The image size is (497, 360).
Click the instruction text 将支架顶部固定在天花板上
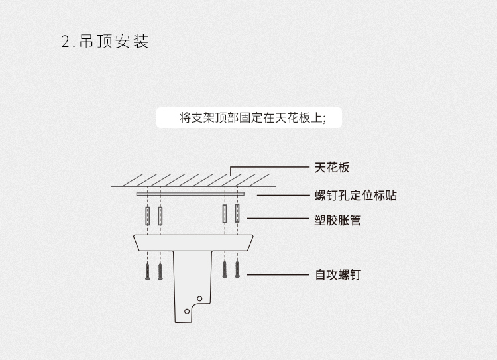[x=251, y=118]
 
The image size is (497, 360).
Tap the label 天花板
[x=331, y=168]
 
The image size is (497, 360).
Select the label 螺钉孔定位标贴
[x=355, y=196]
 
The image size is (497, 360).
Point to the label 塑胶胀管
[x=337, y=219]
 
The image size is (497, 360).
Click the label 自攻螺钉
[x=337, y=274]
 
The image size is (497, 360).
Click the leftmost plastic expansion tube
[x=147, y=216]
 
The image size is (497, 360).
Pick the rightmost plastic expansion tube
[x=237, y=213]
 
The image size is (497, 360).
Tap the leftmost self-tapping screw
[x=147, y=272]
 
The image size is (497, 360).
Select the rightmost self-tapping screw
[x=237, y=270]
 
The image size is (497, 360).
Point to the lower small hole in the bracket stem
[x=186, y=310]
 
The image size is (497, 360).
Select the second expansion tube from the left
[x=160, y=216]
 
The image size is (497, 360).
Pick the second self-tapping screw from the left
[x=160, y=272]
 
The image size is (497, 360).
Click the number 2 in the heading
[x=65, y=42]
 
